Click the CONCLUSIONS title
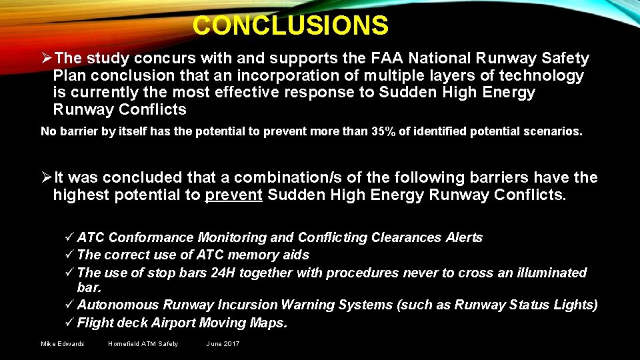(x=290, y=26)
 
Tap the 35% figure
(x=383, y=131)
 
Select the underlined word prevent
(x=233, y=195)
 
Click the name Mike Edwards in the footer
(x=63, y=344)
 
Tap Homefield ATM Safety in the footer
(x=143, y=344)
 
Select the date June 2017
(x=223, y=344)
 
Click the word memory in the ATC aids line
(x=250, y=255)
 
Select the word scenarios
(x=554, y=131)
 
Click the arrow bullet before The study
(x=47, y=59)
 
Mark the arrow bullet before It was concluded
(x=47, y=178)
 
